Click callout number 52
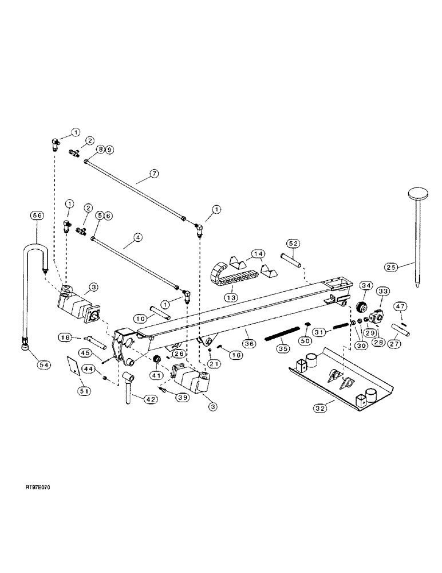pos(293,244)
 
